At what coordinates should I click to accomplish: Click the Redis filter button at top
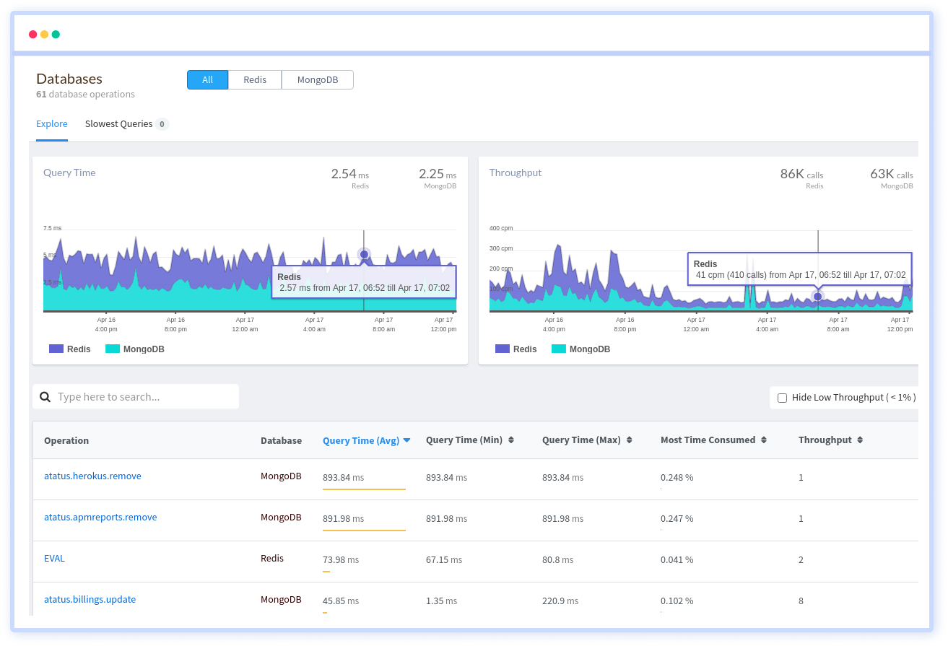click(255, 79)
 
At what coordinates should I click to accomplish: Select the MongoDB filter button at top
click(318, 79)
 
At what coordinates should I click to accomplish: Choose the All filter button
click(207, 79)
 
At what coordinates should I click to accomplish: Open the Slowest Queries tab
click(119, 124)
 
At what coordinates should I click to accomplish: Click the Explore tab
click(52, 124)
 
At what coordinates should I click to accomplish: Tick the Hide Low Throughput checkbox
click(782, 398)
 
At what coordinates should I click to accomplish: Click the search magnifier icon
click(45, 397)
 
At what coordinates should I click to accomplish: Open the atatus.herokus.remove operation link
click(92, 476)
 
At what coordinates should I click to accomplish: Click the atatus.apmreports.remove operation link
click(100, 518)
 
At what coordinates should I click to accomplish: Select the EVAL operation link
click(54, 559)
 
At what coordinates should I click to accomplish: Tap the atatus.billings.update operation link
click(90, 600)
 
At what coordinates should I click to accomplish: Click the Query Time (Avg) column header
click(361, 440)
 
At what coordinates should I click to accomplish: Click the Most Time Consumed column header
click(708, 440)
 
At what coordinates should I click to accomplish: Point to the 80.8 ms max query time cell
click(557, 560)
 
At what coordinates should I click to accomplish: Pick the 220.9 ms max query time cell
click(560, 601)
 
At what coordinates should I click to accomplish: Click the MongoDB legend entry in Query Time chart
click(135, 349)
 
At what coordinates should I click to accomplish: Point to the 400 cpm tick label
click(501, 228)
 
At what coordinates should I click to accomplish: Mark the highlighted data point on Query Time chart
click(364, 254)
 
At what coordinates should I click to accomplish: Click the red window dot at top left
click(32, 34)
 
